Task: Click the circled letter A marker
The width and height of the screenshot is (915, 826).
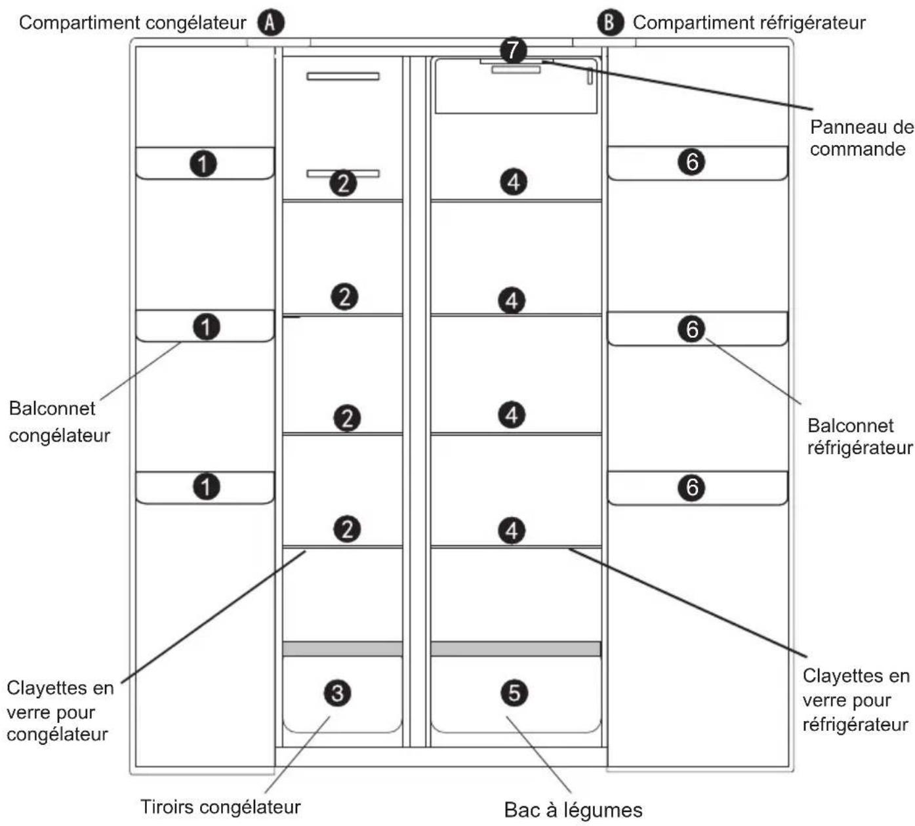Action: pos(270,22)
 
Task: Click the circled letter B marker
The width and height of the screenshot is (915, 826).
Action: pos(610,22)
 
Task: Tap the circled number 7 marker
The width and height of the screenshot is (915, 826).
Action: pos(513,51)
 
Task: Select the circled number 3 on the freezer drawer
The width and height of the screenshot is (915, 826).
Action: pos(337,693)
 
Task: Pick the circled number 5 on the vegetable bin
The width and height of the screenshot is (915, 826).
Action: pos(514,693)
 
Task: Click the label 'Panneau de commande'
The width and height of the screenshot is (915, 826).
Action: pos(862,138)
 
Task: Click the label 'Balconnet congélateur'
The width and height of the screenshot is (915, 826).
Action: pos(59,422)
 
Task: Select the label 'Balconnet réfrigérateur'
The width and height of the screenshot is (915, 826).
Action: pos(860,436)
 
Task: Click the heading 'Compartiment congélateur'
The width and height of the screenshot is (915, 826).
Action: pos(132,23)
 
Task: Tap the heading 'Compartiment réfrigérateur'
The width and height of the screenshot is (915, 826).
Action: pos(749,23)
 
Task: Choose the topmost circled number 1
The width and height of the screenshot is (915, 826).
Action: pos(203,164)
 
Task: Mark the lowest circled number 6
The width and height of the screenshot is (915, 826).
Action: pos(692,487)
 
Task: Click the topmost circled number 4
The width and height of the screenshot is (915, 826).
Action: pos(514,182)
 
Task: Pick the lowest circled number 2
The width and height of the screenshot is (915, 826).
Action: pos(347,529)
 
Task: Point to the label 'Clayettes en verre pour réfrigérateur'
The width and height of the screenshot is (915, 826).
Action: pos(856,700)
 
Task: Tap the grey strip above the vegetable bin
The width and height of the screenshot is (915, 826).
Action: pos(516,648)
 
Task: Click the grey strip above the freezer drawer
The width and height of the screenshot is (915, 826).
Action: pos(342,648)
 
